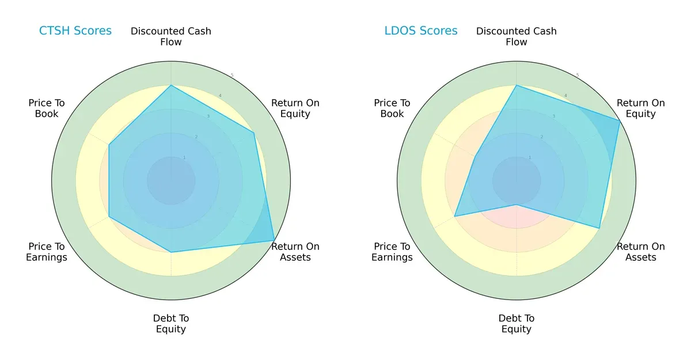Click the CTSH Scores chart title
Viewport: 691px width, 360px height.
click(x=75, y=31)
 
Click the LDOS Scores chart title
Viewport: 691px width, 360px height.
click(x=420, y=31)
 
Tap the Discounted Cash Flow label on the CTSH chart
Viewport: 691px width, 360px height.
click(x=171, y=36)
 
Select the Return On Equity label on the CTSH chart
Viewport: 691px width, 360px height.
click(x=295, y=108)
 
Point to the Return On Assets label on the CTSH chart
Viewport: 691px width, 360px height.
click(x=295, y=252)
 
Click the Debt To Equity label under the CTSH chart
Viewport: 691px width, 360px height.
click(x=171, y=324)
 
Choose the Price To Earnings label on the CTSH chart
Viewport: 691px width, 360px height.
click(x=47, y=252)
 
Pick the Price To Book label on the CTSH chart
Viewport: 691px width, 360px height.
click(x=47, y=108)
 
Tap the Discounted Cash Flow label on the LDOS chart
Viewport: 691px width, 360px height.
click(x=517, y=36)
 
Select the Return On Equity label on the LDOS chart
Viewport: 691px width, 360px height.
click(x=640, y=108)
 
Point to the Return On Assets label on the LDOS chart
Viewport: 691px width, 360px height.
click(x=640, y=252)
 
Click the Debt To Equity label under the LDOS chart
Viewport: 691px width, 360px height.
click(x=517, y=324)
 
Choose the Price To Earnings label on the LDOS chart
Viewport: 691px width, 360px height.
click(x=392, y=252)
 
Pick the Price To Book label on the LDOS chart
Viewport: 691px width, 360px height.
click(x=392, y=108)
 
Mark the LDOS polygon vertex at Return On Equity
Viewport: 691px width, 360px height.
click(x=620, y=121)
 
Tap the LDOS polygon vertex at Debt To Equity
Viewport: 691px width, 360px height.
click(x=517, y=204)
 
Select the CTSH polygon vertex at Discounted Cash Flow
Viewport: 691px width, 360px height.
click(x=171, y=85)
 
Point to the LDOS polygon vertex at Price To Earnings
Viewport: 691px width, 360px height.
click(x=455, y=217)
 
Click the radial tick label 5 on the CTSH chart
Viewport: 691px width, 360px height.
click(x=232, y=75)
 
